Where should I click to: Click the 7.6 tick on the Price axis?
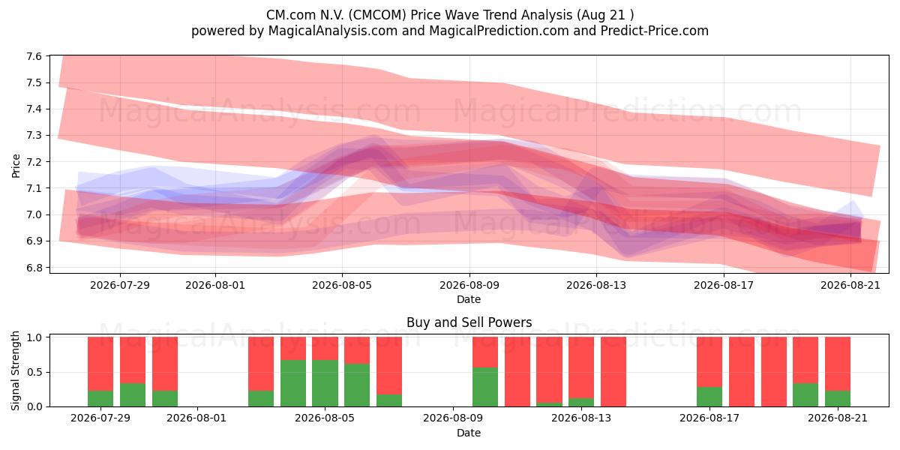tap(34, 56)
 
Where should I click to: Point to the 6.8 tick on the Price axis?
tap(34, 268)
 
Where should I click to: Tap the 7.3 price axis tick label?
tap(34, 136)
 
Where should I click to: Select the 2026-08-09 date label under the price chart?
tap(469, 285)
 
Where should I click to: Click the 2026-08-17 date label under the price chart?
tap(724, 285)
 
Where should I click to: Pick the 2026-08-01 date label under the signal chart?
tap(196, 418)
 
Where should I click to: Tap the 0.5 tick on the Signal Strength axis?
tap(34, 372)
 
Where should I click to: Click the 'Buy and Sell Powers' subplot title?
tap(469, 322)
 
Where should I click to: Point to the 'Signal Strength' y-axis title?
tap(15, 370)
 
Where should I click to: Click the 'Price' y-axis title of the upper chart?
tap(16, 166)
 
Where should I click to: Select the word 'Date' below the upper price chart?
tap(469, 299)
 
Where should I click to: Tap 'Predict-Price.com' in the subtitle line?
tap(655, 31)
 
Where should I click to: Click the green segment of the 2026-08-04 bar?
tap(293, 383)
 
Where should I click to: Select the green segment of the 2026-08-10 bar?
tap(485, 387)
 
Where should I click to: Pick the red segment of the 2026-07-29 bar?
tap(100, 364)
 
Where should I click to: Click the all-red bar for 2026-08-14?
tap(613, 372)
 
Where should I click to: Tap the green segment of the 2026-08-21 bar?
tap(838, 398)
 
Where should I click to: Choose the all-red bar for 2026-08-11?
tap(517, 372)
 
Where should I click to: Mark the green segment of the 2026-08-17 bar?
tap(709, 397)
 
